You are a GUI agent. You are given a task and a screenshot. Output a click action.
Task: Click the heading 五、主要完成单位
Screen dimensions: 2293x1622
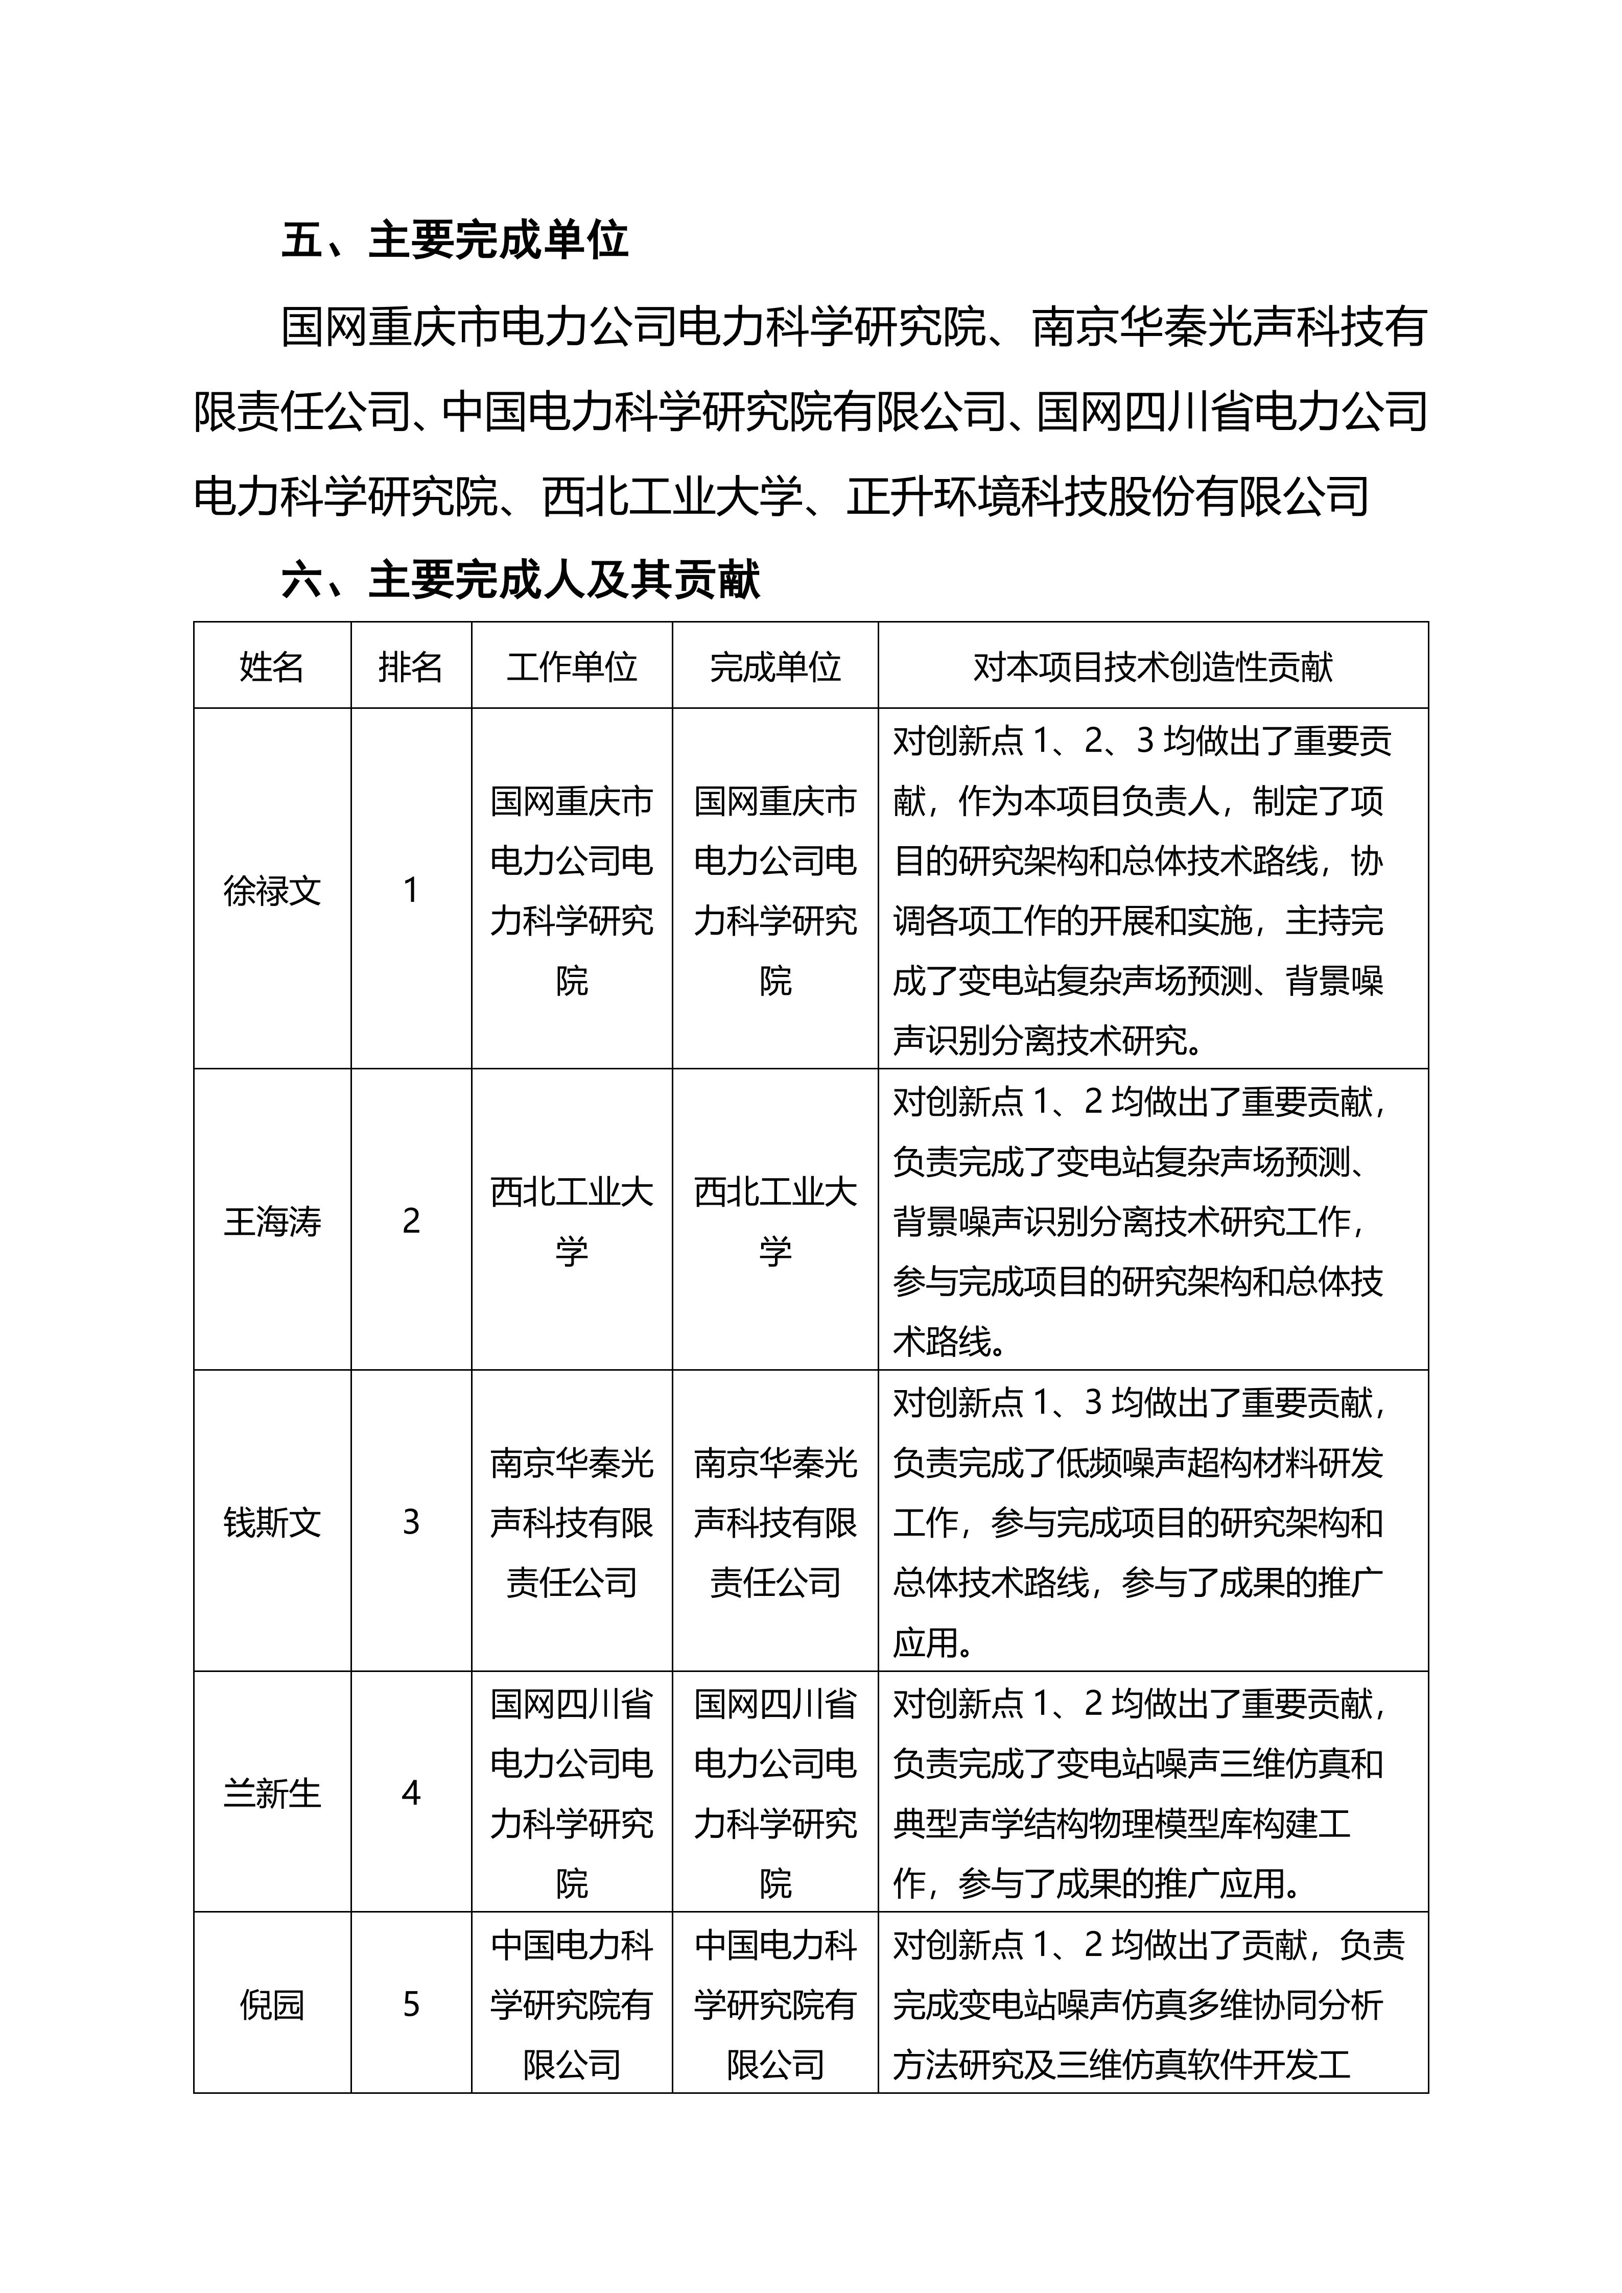455,241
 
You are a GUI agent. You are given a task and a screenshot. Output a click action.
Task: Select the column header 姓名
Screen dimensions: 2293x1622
272,666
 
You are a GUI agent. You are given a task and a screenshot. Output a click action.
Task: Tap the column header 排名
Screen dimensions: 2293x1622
411,666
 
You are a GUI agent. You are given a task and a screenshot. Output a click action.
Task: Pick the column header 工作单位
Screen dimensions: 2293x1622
571,666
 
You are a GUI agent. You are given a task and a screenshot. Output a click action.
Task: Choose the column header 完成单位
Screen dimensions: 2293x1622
775,666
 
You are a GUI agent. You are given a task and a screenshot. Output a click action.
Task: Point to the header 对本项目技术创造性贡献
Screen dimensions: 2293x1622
1153,666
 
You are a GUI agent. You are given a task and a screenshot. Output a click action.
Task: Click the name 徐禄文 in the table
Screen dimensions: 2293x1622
272,890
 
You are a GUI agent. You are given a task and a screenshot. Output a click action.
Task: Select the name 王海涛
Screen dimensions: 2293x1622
272,1221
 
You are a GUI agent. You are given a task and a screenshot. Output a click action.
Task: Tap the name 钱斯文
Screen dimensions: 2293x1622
272,1522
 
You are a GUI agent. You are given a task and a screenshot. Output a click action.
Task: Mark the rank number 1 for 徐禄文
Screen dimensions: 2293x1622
411,890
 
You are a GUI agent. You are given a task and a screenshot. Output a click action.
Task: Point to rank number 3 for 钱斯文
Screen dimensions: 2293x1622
411,1522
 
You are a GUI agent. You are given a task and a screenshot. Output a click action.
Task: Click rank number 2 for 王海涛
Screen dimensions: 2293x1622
411,1221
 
